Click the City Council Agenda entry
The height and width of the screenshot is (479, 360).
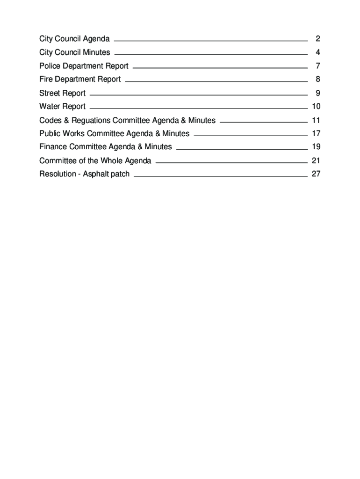[x=74, y=39]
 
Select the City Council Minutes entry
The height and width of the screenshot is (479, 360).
[x=75, y=52]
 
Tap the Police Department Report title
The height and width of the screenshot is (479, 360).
[x=84, y=66]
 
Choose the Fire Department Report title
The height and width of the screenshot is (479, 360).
[x=80, y=80]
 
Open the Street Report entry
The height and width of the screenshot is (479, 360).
[x=62, y=93]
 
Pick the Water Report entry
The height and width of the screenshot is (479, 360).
[x=62, y=107]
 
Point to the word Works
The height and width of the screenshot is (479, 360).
[x=75, y=134]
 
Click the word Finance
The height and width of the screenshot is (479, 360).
[x=53, y=147]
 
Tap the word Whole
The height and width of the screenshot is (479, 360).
[x=113, y=161]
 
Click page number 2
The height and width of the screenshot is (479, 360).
[x=317, y=39]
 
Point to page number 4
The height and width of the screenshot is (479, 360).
[x=317, y=52]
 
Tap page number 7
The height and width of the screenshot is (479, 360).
[x=317, y=66]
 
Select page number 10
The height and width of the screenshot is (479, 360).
[x=316, y=107]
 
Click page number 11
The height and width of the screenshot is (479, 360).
[x=316, y=121]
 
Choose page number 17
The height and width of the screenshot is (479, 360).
[x=316, y=134]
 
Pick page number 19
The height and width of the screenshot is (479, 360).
[x=316, y=147]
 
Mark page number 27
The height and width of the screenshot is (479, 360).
[x=316, y=174]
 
